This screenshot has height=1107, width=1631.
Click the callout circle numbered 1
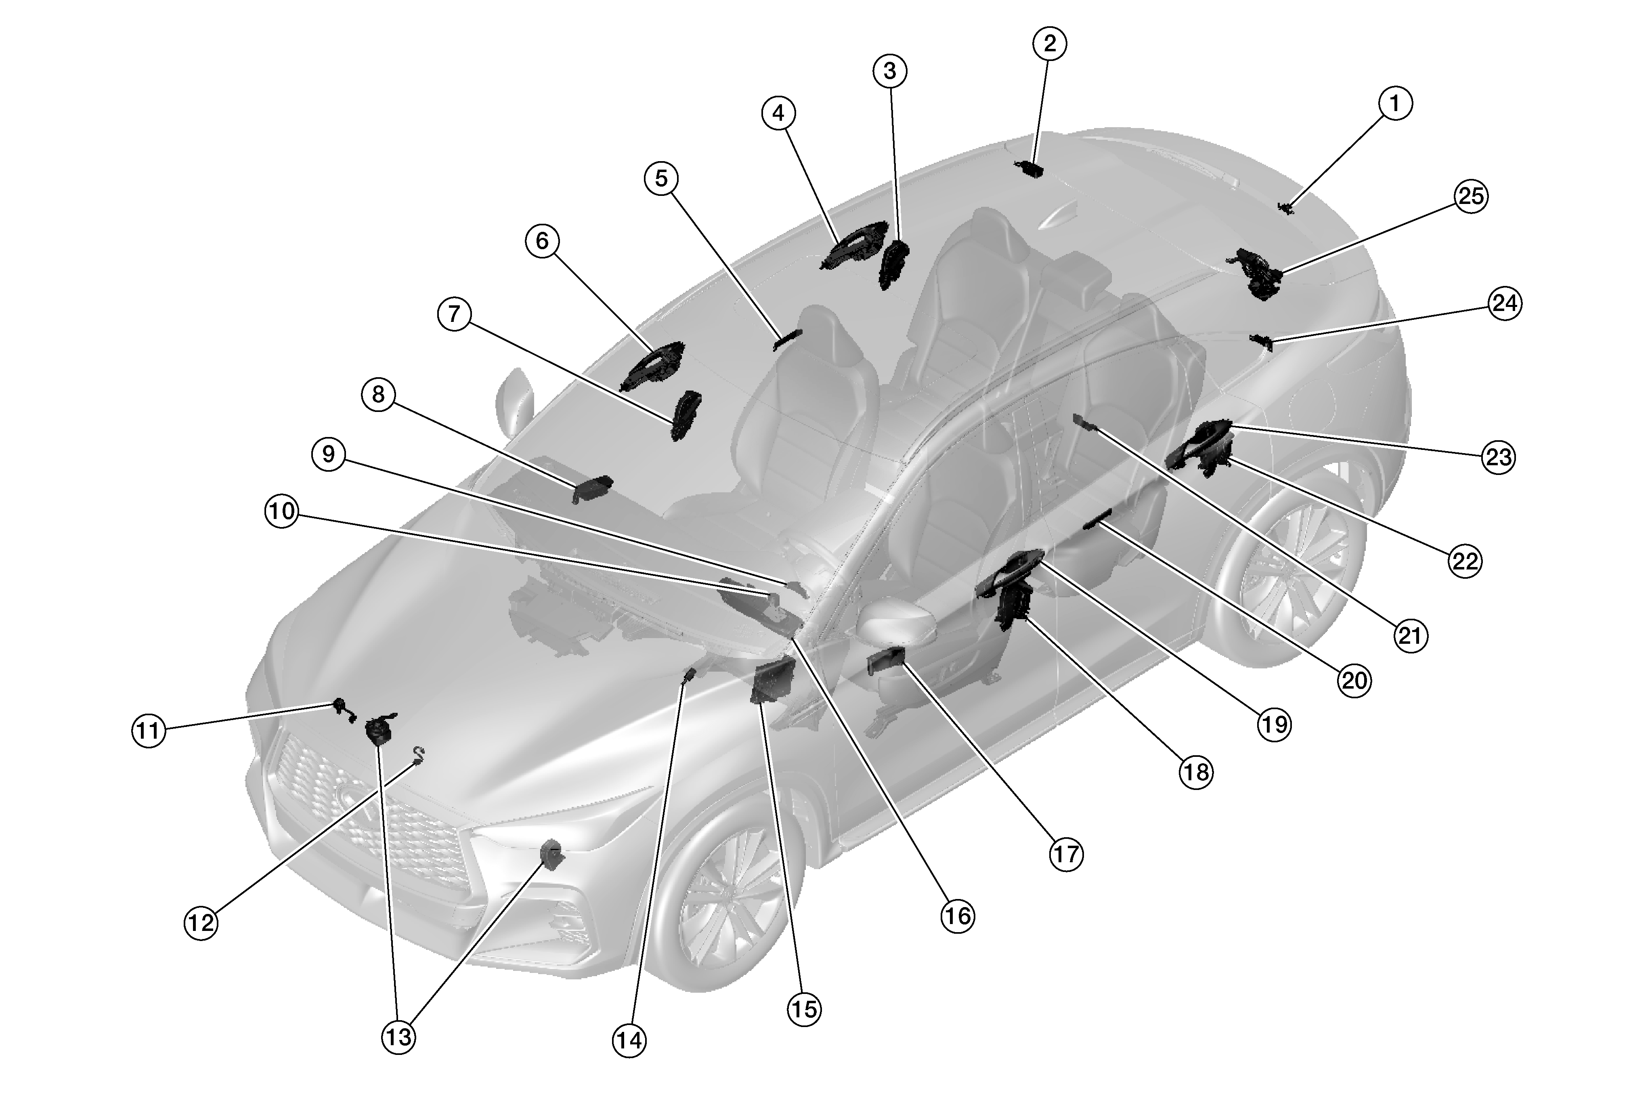[x=1394, y=103]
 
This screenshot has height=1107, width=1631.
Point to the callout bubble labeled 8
[x=378, y=395]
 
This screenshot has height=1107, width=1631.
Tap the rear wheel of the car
[x=1291, y=561]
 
